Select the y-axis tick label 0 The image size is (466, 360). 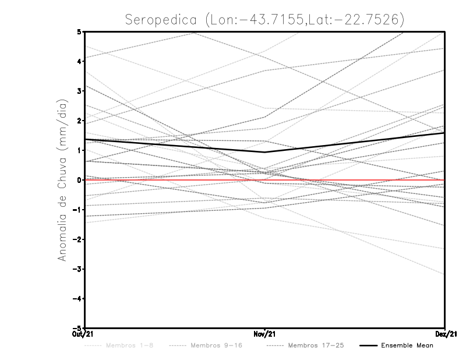pyautogui.click(x=79, y=180)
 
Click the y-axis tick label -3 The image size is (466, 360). pyautogui.click(x=77, y=269)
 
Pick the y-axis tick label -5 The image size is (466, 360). pyautogui.click(x=77, y=328)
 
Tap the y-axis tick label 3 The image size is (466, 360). pyautogui.click(x=79, y=91)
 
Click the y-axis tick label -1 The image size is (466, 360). pyautogui.click(x=77, y=210)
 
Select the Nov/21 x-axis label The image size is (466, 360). pyautogui.click(x=265, y=334)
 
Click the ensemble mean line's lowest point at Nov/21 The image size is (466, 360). pyautogui.click(x=265, y=152)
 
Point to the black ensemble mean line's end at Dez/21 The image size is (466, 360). pyautogui.click(x=444, y=133)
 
